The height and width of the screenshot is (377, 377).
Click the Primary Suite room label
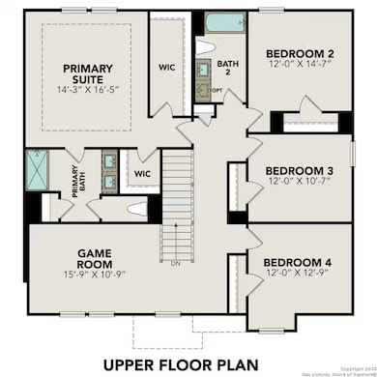pos(88,73)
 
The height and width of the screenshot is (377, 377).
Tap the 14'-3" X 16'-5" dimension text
pos(88,89)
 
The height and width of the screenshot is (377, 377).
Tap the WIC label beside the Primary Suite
pos(165,68)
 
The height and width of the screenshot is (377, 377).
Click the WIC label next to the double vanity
pos(142,174)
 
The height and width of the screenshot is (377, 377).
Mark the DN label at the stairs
pos(174,262)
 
